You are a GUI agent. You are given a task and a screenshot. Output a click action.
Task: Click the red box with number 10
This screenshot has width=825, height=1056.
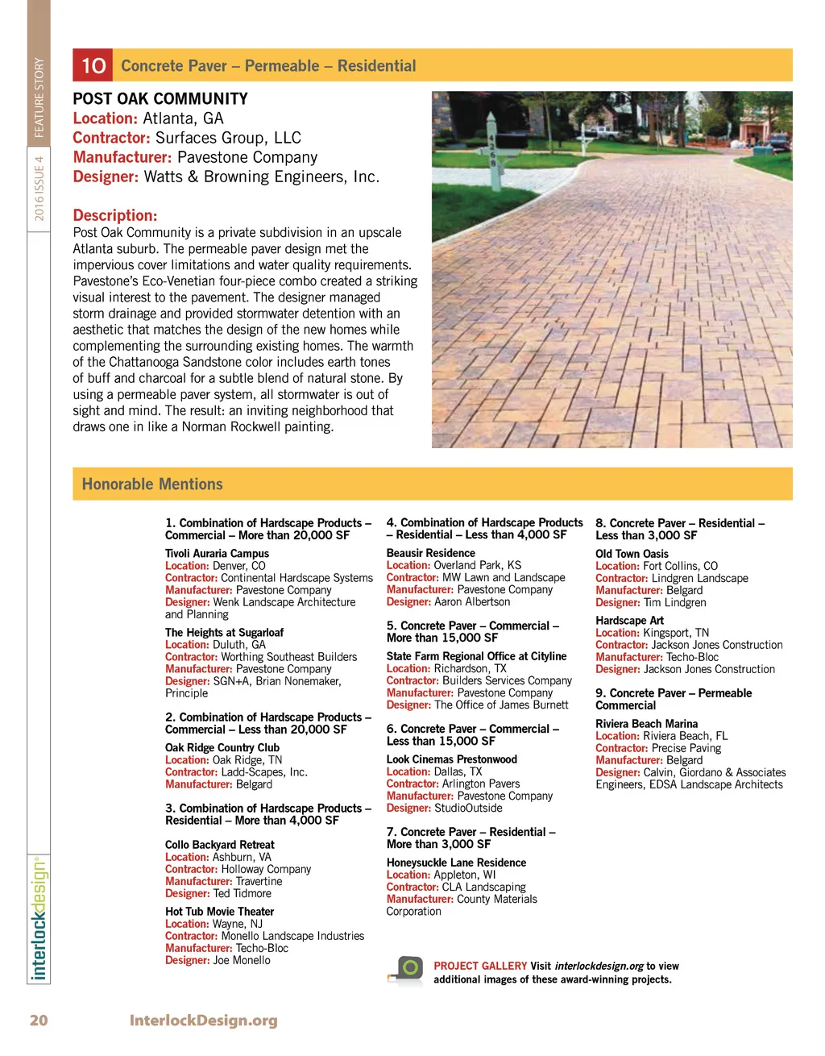93,65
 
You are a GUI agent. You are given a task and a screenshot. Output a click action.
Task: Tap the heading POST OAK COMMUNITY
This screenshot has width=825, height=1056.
160,99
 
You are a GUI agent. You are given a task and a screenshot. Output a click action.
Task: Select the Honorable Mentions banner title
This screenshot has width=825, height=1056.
152,484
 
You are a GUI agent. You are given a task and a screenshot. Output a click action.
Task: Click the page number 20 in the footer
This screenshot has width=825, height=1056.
39,1021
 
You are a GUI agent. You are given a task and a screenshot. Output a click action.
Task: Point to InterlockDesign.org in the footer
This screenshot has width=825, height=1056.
203,1021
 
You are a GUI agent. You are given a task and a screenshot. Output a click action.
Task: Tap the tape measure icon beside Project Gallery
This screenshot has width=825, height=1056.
407,970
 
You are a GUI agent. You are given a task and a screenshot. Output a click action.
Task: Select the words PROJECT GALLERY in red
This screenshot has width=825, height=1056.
480,966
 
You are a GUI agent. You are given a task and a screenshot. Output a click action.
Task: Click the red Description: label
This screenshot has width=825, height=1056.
115,215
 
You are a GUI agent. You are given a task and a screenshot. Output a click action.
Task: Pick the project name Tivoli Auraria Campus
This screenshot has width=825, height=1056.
217,554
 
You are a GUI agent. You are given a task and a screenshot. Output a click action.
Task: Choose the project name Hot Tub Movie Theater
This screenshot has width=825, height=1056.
219,912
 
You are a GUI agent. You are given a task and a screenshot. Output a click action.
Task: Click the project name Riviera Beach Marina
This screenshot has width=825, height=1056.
646,724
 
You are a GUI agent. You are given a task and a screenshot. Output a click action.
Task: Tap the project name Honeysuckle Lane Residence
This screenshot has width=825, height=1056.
456,863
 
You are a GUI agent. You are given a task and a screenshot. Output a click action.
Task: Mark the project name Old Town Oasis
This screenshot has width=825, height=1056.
632,554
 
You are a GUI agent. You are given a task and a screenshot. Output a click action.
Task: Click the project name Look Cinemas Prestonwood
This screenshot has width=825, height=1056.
451,759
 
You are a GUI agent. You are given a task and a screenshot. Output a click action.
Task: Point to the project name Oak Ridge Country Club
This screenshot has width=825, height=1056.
222,748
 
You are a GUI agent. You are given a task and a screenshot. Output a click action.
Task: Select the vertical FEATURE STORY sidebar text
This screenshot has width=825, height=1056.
39,98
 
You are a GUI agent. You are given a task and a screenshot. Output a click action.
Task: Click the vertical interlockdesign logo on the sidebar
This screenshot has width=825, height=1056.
39,919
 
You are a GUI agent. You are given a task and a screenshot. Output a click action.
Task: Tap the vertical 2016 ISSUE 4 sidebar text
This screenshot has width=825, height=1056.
39,189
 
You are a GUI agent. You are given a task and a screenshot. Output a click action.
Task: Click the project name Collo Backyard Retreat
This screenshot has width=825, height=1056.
219,845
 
